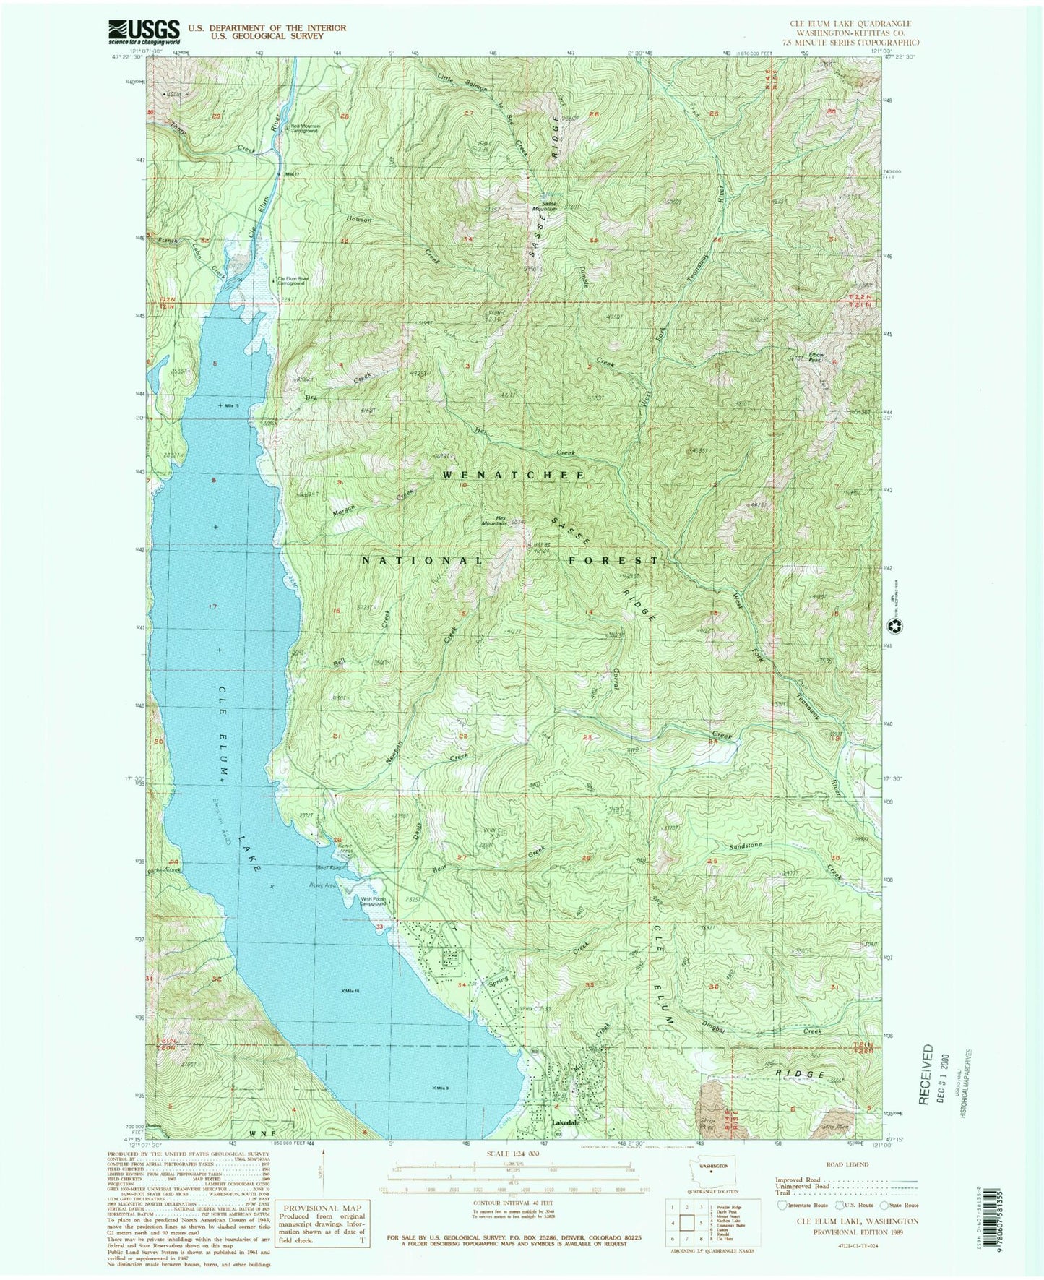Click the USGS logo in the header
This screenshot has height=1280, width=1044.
click(x=144, y=30)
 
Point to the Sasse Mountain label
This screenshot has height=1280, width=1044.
click(x=544, y=206)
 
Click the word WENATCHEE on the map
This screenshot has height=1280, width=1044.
click(x=513, y=475)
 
